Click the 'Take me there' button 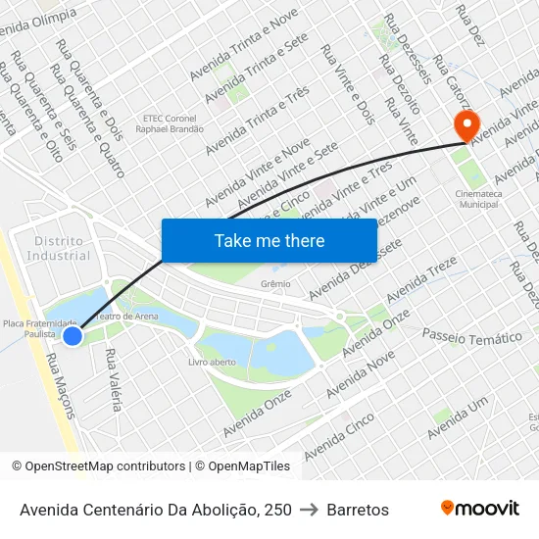tap(269, 240)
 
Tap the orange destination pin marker tap(465, 126)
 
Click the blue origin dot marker tap(73, 336)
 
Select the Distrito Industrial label tap(59, 248)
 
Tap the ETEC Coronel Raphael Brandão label tap(171, 123)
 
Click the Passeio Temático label tap(471, 336)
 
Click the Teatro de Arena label tap(126, 317)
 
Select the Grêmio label tap(275, 283)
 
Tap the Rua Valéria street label tap(113, 379)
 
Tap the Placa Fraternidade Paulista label tap(39, 327)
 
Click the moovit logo tap(480, 508)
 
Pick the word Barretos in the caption tap(358, 510)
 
